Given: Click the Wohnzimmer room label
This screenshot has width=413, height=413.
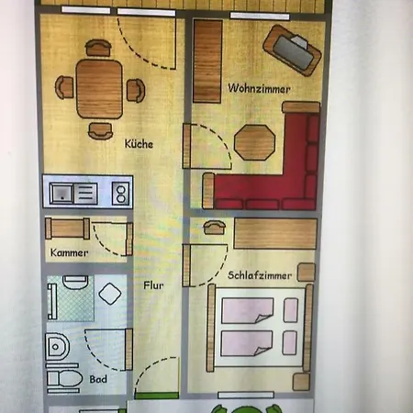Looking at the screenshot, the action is (259, 89).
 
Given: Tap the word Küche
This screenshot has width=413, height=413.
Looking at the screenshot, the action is (139, 144).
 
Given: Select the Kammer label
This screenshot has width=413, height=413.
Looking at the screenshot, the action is (69, 252).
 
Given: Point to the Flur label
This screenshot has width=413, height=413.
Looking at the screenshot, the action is (153, 285).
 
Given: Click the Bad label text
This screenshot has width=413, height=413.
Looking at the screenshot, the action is (98, 379).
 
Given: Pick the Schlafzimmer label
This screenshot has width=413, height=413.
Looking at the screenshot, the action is (260, 275).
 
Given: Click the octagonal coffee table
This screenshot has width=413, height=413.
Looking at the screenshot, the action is (254, 142).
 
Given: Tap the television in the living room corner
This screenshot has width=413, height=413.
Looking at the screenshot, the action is (292, 50).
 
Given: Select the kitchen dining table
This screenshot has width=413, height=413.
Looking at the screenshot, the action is (99, 89).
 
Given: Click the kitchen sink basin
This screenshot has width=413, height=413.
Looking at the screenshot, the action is (61, 194).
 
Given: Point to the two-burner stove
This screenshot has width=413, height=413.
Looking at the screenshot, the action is (120, 194).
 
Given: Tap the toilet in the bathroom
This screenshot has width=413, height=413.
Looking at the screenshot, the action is (64, 379).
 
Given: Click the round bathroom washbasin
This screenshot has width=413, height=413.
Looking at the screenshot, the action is (57, 347).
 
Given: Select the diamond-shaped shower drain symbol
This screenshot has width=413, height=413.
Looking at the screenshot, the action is (110, 294).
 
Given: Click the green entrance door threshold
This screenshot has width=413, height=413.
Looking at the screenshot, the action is (157, 396).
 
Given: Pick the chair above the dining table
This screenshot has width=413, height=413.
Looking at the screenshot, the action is (98, 48).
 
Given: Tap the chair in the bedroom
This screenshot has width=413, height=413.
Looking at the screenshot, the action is (215, 228).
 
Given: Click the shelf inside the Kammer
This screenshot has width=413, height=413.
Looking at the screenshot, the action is (67, 229).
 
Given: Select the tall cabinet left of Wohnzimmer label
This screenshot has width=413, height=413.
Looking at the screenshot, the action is (207, 61).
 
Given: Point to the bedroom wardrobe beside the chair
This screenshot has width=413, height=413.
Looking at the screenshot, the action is (275, 233).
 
